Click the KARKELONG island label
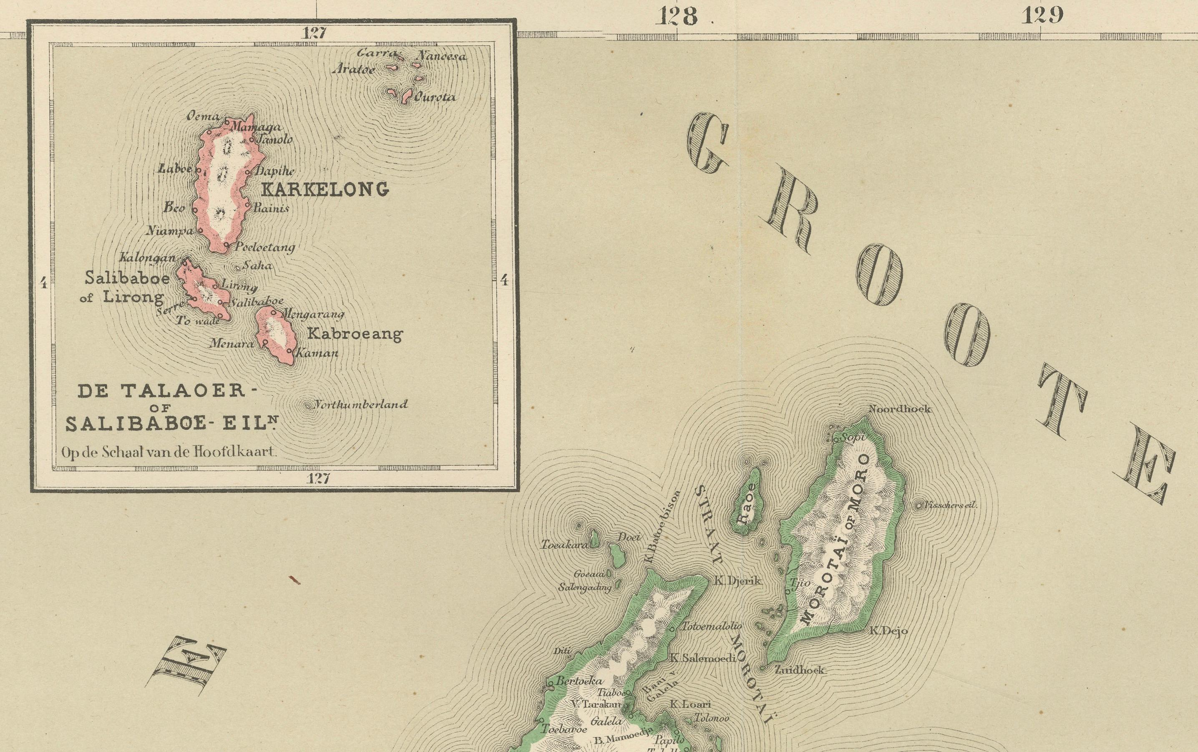(324, 189)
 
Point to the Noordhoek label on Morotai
(900, 409)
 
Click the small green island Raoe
(749, 502)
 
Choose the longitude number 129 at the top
(1042, 16)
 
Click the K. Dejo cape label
(888, 631)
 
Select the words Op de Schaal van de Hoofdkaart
(169, 453)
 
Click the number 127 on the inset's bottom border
(318, 479)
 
